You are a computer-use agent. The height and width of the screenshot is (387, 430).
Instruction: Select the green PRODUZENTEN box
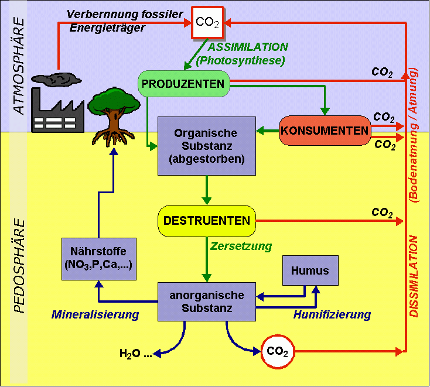tap(183, 84)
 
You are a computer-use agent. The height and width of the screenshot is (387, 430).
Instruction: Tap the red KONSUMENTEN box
tap(325, 130)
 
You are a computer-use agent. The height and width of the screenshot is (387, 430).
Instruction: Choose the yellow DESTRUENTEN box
tap(207, 221)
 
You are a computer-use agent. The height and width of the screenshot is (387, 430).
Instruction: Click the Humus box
tap(310, 271)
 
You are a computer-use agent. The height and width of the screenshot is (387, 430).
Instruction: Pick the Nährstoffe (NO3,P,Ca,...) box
tap(101, 258)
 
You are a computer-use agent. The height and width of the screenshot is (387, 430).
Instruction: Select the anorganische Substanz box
tap(207, 302)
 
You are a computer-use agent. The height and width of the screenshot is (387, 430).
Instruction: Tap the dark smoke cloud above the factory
tap(54, 78)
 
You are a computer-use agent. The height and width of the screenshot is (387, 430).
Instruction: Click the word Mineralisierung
tap(95, 314)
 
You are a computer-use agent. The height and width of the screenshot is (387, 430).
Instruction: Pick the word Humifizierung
tap(332, 314)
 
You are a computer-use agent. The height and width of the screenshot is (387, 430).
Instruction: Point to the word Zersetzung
tap(242, 246)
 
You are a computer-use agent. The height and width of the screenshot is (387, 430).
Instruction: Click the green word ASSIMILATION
tap(248, 47)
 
